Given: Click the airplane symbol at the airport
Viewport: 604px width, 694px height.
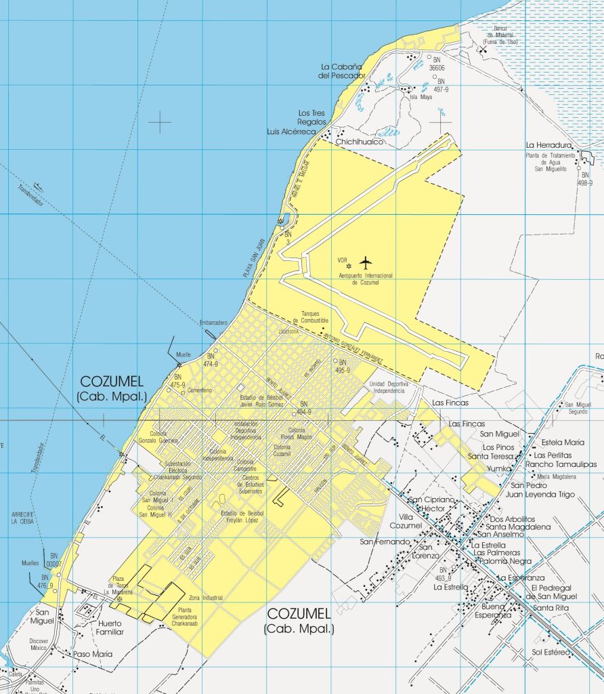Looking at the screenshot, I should coord(366,262).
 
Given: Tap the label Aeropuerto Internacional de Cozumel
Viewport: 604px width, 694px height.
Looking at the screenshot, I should coord(366,279).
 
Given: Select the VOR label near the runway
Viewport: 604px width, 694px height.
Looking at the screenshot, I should coord(342,260).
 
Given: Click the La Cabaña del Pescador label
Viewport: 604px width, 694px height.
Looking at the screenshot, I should coord(343,71).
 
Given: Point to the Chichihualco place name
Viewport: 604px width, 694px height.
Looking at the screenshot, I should coord(360,142).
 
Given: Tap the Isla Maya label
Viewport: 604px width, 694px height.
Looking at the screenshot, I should coord(420,97).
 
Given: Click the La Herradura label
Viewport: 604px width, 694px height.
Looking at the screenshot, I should coord(550,145).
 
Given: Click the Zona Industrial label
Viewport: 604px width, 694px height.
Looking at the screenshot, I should coord(206,598).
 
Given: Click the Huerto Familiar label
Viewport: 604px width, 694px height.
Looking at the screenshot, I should coord(110,628).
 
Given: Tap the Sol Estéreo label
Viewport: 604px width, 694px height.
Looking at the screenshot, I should coord(550,652).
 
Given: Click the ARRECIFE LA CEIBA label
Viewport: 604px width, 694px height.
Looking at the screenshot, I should coord(22,517).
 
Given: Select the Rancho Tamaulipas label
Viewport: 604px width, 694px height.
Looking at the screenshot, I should coord(561,464).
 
